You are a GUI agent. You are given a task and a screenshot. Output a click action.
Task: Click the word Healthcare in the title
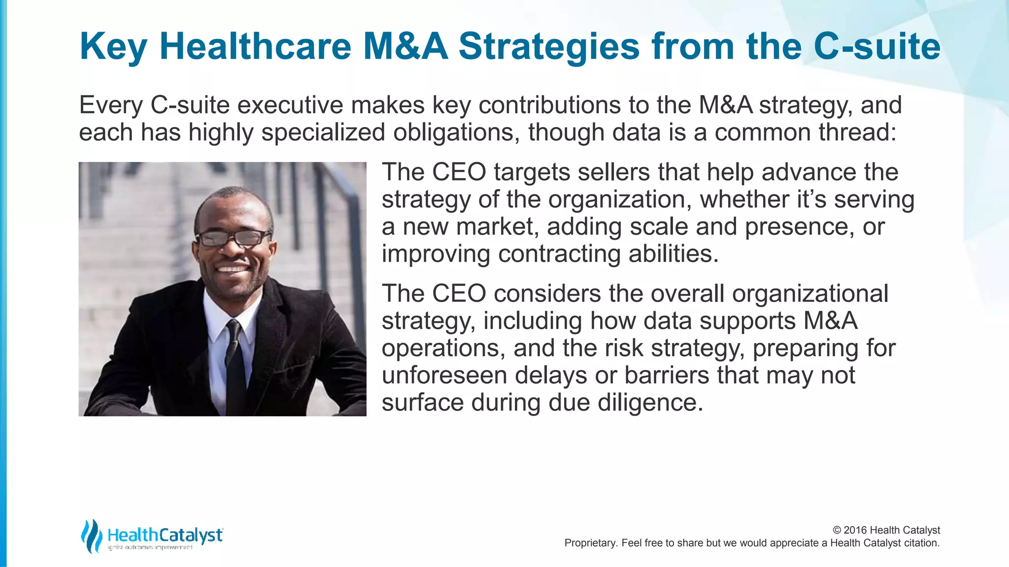255,46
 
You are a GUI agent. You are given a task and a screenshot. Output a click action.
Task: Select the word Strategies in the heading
549,47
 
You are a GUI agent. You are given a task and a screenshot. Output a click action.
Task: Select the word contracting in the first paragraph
559,254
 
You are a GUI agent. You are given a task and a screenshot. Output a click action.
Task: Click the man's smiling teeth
232,269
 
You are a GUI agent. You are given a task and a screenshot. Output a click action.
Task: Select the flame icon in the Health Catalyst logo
91,535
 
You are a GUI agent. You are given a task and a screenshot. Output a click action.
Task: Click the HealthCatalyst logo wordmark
165,535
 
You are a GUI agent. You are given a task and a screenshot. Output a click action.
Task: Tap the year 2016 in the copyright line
855,530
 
